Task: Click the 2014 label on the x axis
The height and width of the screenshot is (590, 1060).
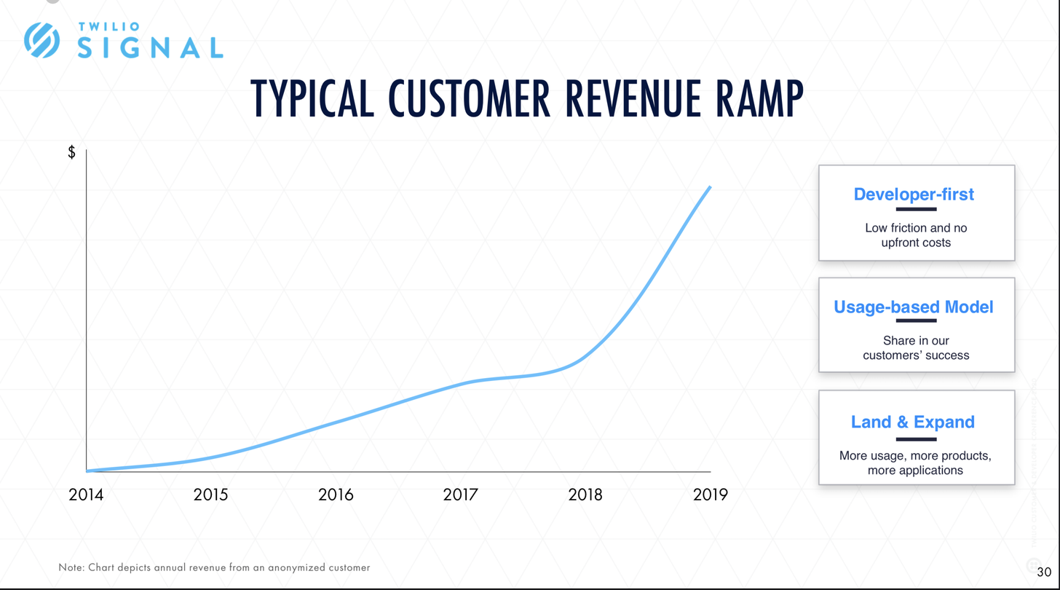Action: pyautogui.click(x=86, y=495)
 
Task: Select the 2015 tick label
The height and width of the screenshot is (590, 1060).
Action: pyautogui.click(x=210, y=495)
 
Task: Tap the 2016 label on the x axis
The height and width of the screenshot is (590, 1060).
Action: pyautogui.click(x=336, y=495)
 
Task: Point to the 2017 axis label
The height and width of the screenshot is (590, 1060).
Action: pyautogui.click(x=460, y=495)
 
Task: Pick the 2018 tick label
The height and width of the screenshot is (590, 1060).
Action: pyautogui.click(x=585, y=495)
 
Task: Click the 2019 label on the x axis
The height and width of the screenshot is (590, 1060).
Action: pyautogui.click(x=710, y=495)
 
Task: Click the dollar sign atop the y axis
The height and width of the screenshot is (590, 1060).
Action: pyautogui.click(x=71, y=152)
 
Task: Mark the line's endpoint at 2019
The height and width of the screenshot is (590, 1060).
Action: pyautogui.click(x=710, y=187)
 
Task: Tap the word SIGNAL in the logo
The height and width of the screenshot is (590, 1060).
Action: pyautogui.click(x=149, y=47)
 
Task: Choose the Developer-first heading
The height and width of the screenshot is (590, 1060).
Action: pyautogui.click(x=914, y=194)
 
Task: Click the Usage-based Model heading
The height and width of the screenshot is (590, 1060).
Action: pyautogui.click(x=914, y=307)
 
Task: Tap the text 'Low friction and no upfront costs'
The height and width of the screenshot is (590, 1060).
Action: pyautogui.click(x=916, y=235)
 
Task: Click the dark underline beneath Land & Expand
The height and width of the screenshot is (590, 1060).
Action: pyautogui.click(x=916, y=439)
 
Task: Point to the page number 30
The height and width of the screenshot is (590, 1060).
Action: pyautogui.click(x=1044, y=570)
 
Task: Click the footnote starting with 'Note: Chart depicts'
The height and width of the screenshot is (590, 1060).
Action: pyautogui.click(x=215, y=567)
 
